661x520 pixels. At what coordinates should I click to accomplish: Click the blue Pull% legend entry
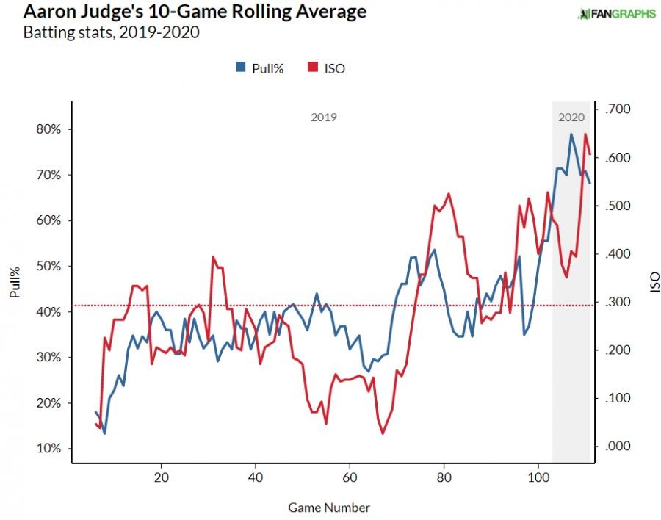click(x=259, y=68)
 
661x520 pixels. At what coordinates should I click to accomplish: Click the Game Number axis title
click(x=329, y=508)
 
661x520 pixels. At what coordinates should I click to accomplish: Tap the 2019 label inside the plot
click(x=323, y=117)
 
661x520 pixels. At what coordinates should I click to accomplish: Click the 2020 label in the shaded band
click(x=571, y=117)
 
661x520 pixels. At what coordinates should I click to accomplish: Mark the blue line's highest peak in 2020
click(x=571, y=134)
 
